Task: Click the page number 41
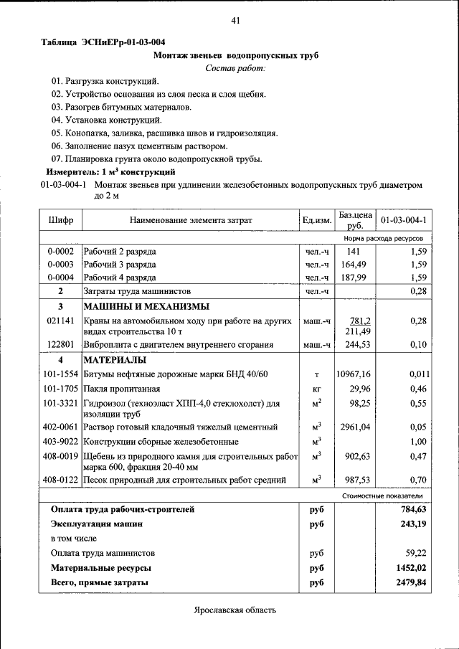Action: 235,20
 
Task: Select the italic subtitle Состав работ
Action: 235,68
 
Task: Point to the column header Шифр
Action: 61,220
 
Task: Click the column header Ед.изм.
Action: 316,220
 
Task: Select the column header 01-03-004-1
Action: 403,220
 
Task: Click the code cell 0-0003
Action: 61,265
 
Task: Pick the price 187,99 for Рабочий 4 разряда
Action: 352,278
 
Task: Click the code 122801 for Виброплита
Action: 61,345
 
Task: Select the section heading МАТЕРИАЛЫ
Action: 115,359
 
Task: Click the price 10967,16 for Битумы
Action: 353,374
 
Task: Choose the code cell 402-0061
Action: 61,427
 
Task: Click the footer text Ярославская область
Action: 235,610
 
